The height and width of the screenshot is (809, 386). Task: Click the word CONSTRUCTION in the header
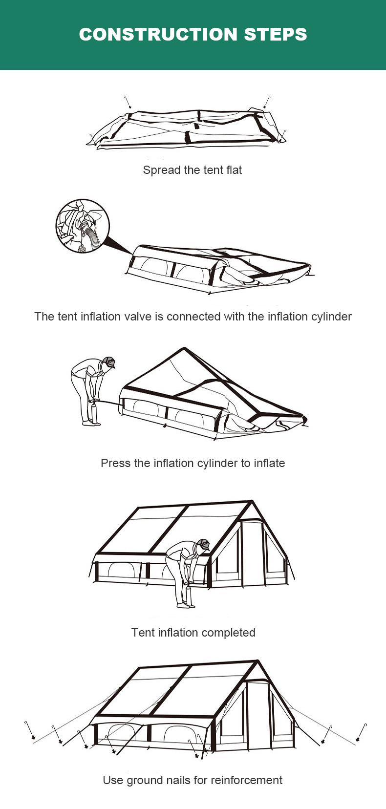tap(158, 34)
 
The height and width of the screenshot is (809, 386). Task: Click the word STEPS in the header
tap(276, 34)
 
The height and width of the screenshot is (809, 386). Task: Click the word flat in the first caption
tap(234, 170)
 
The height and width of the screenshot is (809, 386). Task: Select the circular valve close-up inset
tap(83, 226)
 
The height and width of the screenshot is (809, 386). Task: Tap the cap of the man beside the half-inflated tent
tap(108, 362)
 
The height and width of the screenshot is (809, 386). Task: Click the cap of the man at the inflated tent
tap(204, 544)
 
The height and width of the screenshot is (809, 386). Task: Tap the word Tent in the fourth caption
tap(140, 633)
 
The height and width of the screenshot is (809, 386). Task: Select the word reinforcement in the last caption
tap(247, 780)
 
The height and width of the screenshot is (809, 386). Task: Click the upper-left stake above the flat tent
tap(128, 103)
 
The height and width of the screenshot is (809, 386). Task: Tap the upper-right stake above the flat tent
tap(267, 103)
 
